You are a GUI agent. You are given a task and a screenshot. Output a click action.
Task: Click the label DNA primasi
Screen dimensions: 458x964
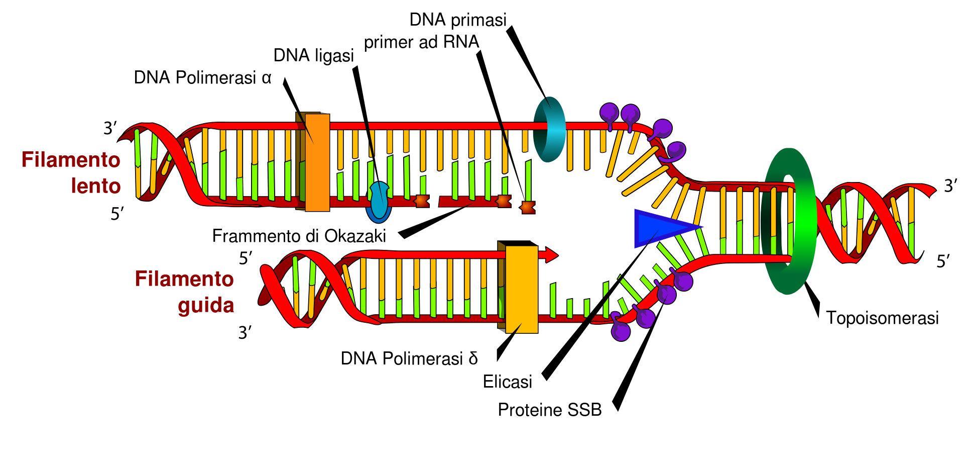click(458, 20)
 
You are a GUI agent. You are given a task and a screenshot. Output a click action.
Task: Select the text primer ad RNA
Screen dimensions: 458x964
click(421, 42)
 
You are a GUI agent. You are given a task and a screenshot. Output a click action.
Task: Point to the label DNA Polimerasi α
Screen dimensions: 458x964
click(202, 78)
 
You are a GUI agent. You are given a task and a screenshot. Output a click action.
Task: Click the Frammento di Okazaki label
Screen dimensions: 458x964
click(299, 236)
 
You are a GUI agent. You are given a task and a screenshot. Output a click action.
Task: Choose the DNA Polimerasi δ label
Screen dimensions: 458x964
click(409, 358)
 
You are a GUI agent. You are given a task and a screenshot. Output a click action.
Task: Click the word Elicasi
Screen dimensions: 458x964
click(507, 382)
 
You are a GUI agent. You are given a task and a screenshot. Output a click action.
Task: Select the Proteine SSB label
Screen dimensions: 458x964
click(549, 410)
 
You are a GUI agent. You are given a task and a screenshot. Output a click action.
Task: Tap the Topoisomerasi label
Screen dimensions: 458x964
click(882, 318)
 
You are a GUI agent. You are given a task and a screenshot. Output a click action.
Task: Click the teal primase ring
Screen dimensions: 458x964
click(550, 129)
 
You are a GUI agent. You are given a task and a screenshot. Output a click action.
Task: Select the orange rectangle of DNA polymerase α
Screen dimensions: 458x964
click(317, 162)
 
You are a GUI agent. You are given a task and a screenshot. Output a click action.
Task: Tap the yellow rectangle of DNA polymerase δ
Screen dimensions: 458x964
click(522, 289)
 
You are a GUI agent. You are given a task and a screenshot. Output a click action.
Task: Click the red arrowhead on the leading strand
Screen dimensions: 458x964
click(551, 255)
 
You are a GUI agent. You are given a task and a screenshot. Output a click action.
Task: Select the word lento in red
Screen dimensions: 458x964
click(95, 186)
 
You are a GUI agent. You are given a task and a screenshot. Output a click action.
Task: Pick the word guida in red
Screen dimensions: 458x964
click(206, 305)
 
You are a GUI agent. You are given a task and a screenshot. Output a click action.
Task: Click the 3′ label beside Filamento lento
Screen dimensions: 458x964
click(110, 128)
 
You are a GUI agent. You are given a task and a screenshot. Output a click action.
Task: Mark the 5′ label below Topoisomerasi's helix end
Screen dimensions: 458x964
click(943, 261)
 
